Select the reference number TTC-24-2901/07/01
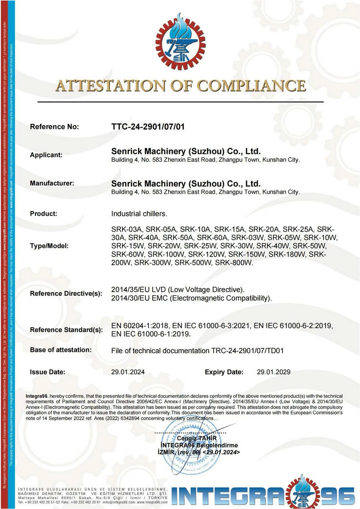[x=148, y=126]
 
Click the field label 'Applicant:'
[x=46, y=155]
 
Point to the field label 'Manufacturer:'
[x=51, y=183]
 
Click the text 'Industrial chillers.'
[x=139, y=213]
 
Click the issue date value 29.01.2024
[x=128, y=372]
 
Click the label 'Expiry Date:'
[x=224, y=372]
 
